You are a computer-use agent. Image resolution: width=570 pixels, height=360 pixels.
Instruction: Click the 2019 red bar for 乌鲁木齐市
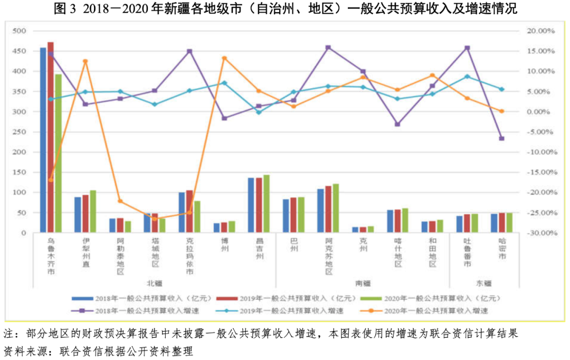[51, 137]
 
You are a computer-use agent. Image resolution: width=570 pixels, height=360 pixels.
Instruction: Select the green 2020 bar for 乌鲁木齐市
[58, 153]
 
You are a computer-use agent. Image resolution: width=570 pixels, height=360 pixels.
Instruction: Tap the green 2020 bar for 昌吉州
[266, 204]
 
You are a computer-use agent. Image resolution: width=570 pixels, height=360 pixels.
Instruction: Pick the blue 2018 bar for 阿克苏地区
[320, 211]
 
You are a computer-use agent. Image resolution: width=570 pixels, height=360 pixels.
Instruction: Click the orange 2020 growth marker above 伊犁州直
[85, 61]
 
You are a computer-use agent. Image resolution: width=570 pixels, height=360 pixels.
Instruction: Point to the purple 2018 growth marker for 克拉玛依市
[189, 51]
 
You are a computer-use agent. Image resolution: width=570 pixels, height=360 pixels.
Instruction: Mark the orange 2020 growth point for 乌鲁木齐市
[51, 180]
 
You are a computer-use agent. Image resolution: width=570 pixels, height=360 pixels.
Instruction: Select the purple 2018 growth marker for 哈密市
[501, 138]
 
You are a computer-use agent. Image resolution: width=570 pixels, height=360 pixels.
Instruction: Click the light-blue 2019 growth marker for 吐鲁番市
[467, 77]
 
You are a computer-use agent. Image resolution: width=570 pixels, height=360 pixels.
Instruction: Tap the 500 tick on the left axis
[20, 31]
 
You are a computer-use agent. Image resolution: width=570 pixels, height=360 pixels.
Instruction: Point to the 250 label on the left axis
[20, 132]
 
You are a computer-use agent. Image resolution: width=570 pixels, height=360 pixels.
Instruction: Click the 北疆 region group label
[154, 283]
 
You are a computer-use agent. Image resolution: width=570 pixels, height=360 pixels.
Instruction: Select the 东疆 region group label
[483, 283]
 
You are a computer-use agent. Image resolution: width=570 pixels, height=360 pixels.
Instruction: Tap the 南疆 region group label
[362, 283]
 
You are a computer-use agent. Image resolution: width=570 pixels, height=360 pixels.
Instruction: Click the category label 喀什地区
[397, 253]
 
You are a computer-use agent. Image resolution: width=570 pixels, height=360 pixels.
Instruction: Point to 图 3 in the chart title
[67, 9]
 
